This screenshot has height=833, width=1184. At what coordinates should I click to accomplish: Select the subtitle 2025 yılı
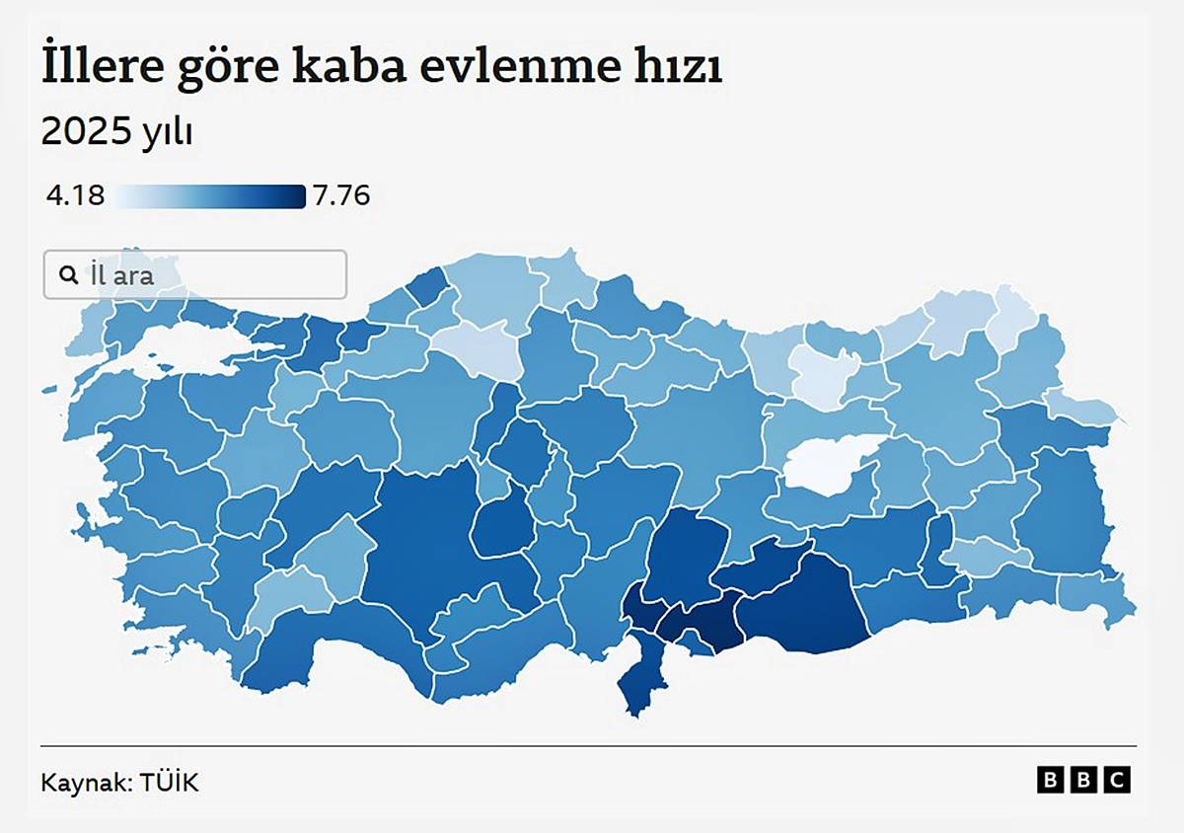click(x=116, y=131)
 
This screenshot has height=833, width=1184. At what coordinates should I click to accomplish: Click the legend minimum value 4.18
click(x=75, y=196)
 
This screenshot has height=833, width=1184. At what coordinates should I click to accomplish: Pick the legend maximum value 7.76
click(x=341, y=196)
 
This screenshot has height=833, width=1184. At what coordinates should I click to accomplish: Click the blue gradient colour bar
click(x=209, y=196)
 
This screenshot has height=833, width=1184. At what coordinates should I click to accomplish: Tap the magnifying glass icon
click(x=68, y=274)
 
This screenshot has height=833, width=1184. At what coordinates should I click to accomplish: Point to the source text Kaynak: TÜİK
click(x=119, y=783)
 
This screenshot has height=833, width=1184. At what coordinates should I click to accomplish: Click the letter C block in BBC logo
click(x=1118, y=781)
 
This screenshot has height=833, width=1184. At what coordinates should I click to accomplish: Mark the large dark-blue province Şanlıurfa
click(x=799, y=602)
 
